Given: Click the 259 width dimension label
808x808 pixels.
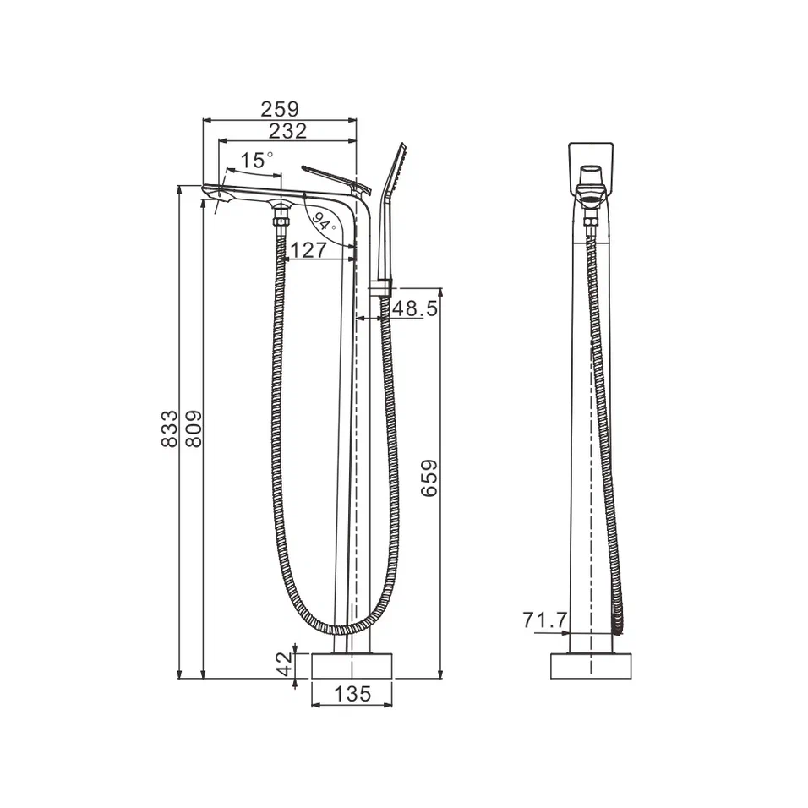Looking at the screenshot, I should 280,109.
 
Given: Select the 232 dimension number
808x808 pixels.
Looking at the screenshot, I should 287,131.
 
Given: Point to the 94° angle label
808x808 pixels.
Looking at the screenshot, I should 322,222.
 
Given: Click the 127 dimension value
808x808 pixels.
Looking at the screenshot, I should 308,249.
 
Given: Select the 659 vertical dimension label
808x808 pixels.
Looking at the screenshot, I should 429,478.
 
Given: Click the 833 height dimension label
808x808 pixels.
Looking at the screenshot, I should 169,429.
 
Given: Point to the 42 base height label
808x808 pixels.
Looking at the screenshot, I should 286,664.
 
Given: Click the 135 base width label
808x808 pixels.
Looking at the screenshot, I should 352,695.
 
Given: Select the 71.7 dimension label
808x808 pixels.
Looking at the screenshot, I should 545,621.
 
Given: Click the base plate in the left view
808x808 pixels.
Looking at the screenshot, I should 352,665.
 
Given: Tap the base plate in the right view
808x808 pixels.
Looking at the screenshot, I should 592,665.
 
